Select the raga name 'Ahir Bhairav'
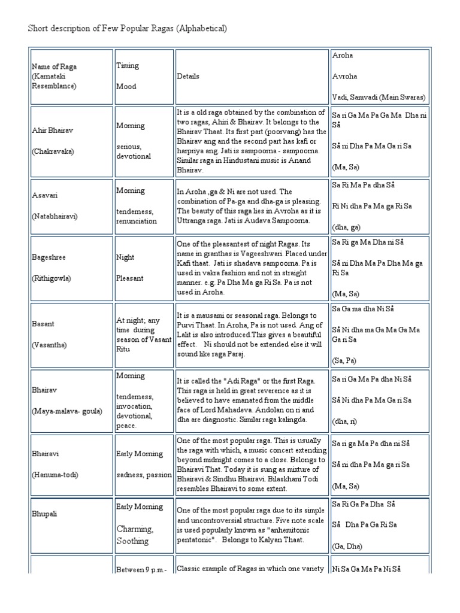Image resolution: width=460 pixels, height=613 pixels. click(50, 131)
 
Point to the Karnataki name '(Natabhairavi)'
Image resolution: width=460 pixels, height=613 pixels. click(54, 216)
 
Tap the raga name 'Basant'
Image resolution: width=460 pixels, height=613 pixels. click(42, 324)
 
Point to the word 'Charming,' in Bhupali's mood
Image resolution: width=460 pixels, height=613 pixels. click(135, 529)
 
